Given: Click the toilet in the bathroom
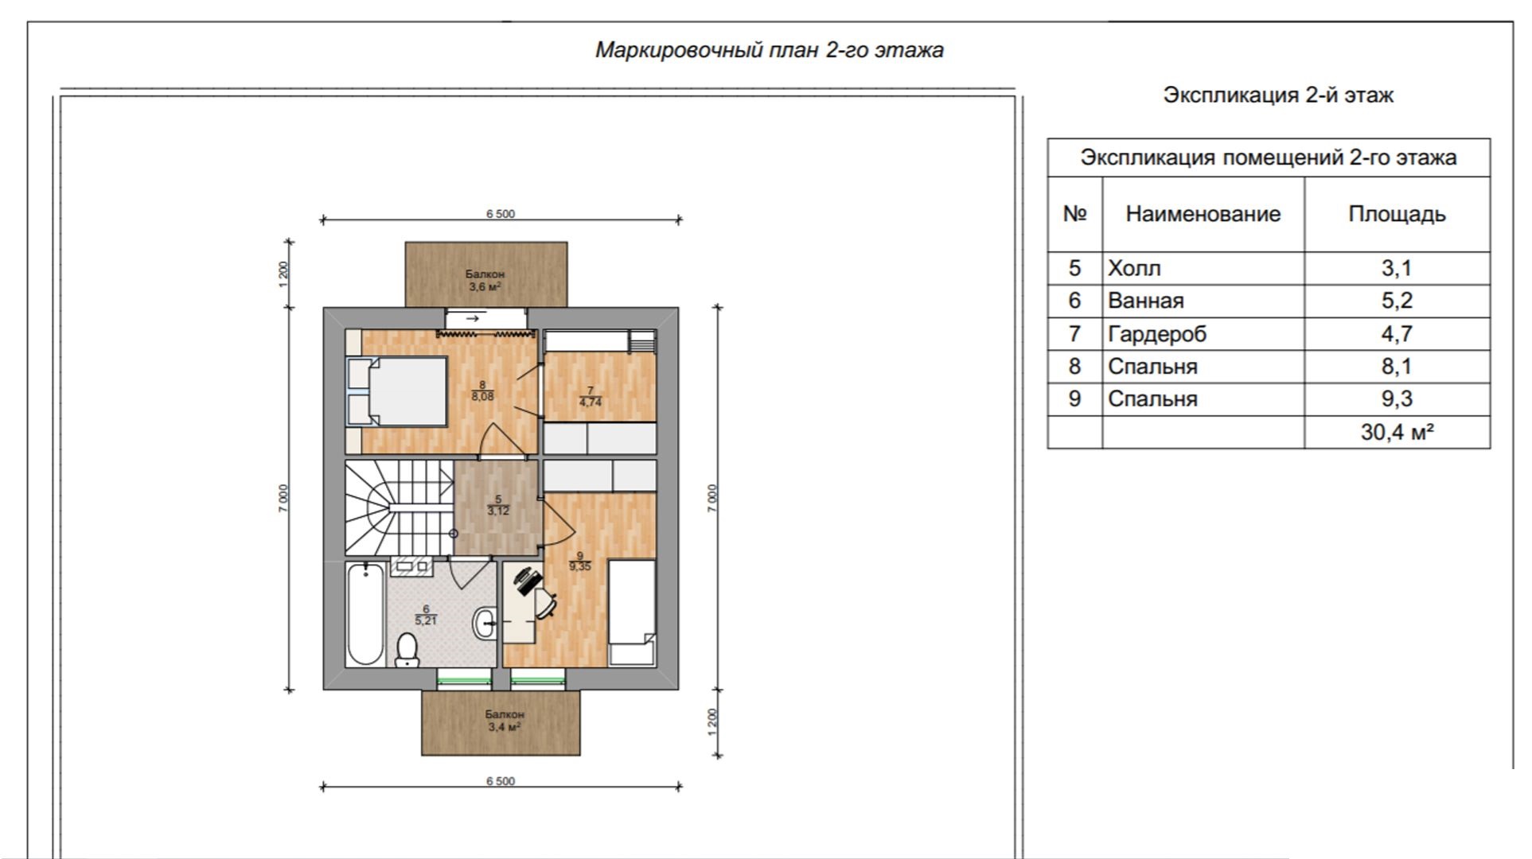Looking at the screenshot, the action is coord(407,650).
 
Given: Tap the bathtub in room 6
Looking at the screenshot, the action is coord(365,613).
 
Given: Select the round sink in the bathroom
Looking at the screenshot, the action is coord(484,623).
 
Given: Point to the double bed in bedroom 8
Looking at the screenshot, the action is coord(397,391).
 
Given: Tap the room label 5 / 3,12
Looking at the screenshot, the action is coord(498,505).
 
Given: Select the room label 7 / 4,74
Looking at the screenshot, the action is coord(591,397).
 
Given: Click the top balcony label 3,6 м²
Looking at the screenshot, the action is coord(485,287).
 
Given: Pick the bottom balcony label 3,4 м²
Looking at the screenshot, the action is coord(505,727).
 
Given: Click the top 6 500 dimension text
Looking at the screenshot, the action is coord(501,214).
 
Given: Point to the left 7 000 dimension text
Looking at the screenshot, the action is coord(283,498).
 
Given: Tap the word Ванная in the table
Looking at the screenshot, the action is coord(1146,301).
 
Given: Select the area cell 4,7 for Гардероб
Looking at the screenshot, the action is coord(1397,333).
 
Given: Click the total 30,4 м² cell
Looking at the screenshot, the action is coord(1398,432).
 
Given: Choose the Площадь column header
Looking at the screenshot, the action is coord(1397,214).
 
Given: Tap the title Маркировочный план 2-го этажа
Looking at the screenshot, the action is coord(770,50).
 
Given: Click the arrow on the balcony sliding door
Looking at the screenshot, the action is coord(473,318).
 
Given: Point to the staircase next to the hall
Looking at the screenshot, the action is coord(399,507).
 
